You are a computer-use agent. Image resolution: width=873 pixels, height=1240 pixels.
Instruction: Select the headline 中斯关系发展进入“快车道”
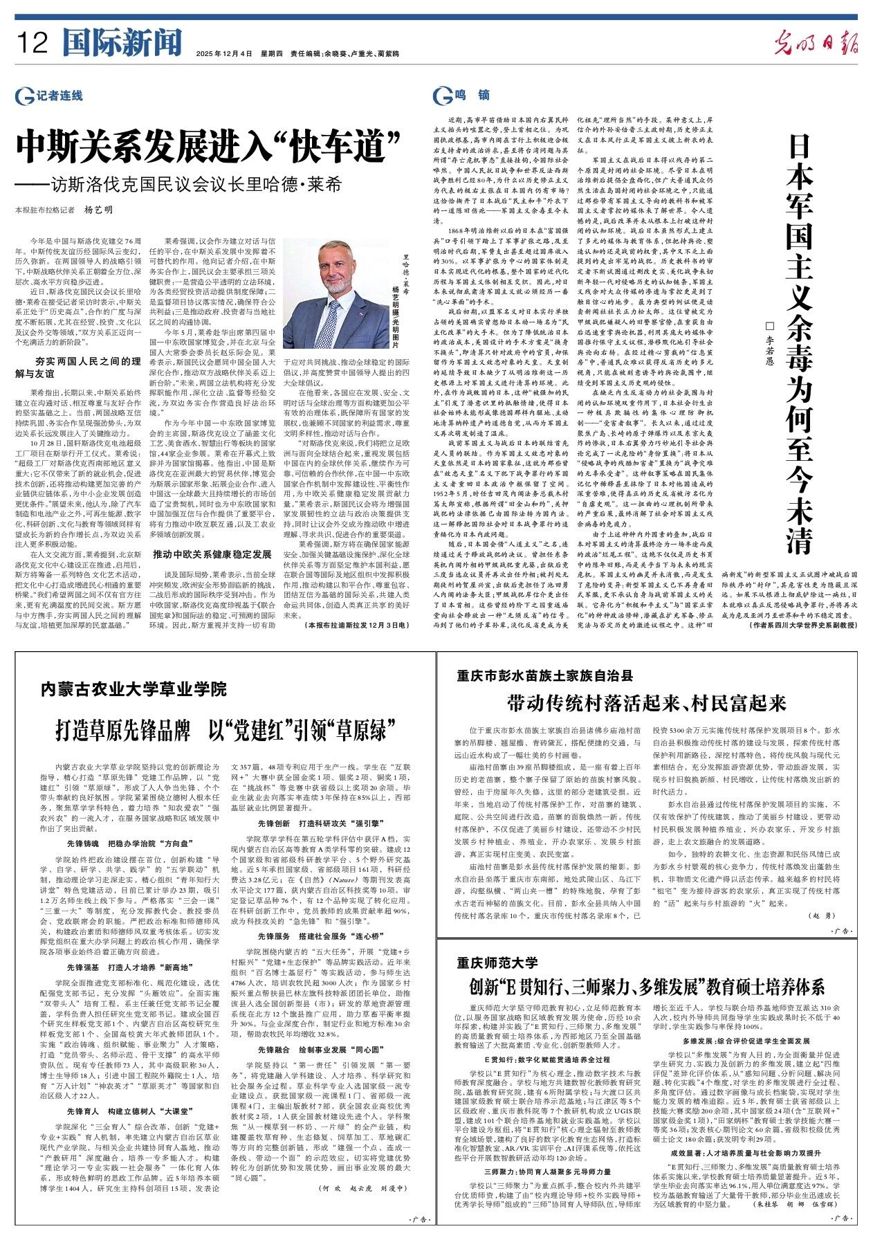tap(210, 146)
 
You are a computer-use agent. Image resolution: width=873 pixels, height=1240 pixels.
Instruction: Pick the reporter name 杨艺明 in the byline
tap(98, 210)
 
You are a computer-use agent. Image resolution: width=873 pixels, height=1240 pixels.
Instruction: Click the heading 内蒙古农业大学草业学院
tap(134, 689)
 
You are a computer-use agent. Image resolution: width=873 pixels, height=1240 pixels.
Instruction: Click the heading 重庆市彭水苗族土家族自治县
tap(544, 675)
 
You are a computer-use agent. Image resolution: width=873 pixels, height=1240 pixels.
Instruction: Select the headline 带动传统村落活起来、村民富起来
tap(647, 704)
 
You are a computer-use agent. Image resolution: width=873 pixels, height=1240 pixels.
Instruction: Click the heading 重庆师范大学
tap(497, 962)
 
